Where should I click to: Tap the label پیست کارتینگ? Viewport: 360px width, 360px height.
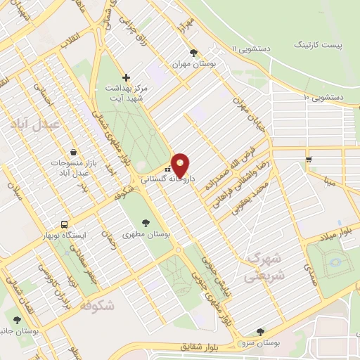click(316, 44)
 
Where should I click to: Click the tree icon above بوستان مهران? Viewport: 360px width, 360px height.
click(194, 53)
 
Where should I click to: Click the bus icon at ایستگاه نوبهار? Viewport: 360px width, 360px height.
click(64, 224)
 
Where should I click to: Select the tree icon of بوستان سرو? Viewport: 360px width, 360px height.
click(260, 331)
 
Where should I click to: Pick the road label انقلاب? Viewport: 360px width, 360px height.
click(72, 42)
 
